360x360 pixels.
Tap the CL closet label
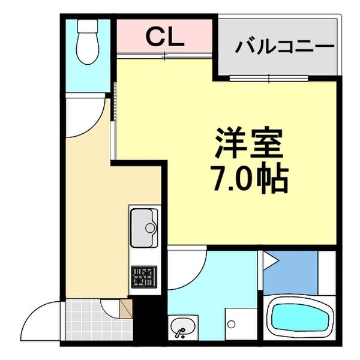pos(164,37)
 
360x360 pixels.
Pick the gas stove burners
pos(144,277)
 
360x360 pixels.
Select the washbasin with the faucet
pos(182,326)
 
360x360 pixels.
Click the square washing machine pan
pos(239,324)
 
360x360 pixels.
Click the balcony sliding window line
pos(269,78)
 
